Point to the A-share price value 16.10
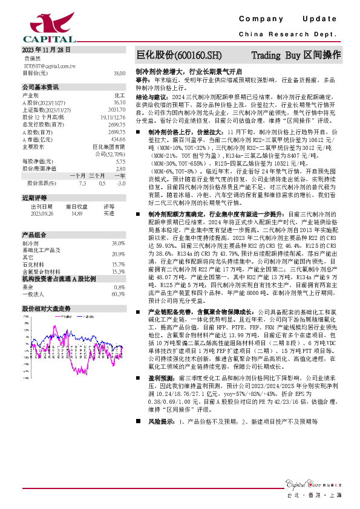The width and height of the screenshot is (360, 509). (119, 103)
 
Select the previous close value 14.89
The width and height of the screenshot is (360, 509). (77, 213)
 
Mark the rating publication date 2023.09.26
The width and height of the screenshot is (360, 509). (42, 213)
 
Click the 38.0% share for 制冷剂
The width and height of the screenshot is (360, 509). (118, 242)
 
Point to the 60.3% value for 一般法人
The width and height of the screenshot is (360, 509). (118, 294)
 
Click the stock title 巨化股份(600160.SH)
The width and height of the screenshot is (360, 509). (175, 54)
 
